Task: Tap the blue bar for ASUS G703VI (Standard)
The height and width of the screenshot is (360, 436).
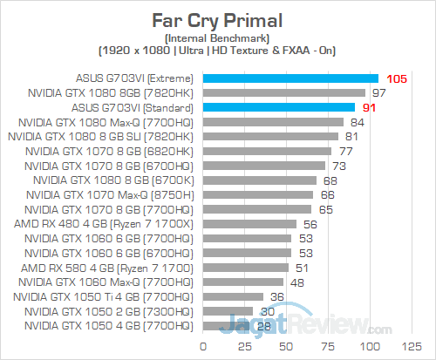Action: [279, 107]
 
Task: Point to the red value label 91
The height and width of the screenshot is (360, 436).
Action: [371, 107]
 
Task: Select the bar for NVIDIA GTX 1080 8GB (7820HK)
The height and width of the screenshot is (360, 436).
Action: [283, 92]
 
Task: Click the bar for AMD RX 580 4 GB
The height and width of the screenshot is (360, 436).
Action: [246, 268]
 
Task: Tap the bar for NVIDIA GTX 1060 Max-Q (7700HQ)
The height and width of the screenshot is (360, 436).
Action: [243, 282]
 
